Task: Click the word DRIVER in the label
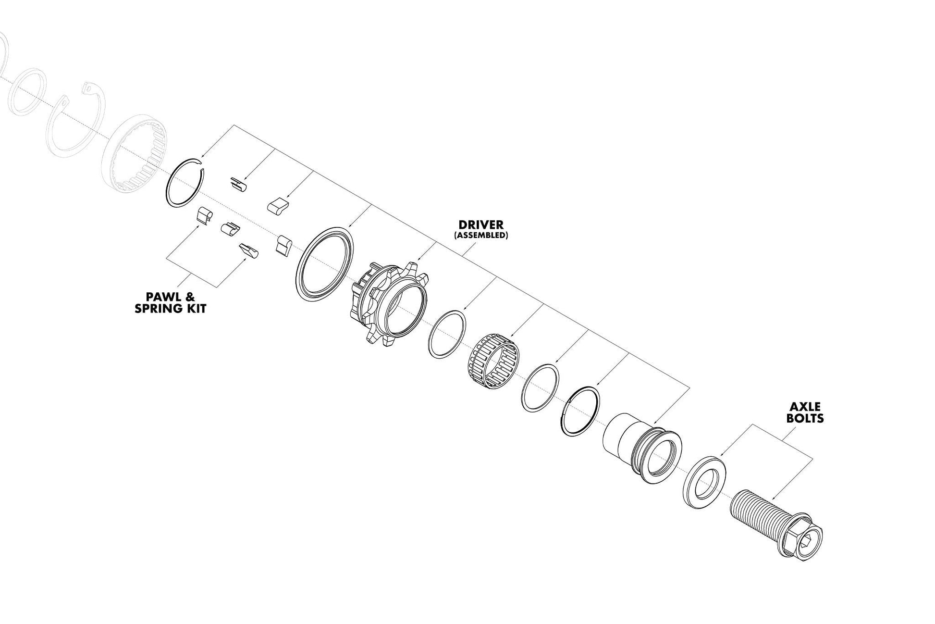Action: (x=480, y=225)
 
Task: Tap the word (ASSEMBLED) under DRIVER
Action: (x=480, y=236)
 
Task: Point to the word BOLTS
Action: (x=805, y=418)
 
